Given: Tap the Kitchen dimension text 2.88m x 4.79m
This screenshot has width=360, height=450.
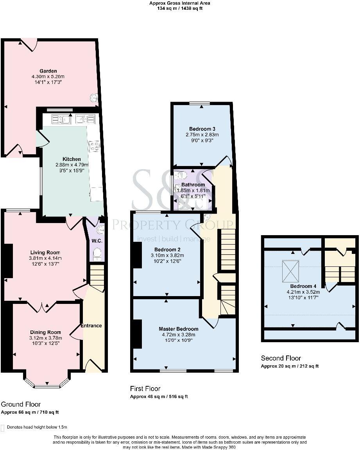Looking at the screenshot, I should [72, 165].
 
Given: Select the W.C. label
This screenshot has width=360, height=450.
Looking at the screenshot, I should [97, 241].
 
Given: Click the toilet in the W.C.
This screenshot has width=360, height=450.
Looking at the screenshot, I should [97, 255].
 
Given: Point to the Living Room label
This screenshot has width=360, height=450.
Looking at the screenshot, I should [44, 252].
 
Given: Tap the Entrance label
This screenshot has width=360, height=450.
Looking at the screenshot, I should [91, 325].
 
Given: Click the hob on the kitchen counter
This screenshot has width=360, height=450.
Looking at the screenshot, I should [94, 146].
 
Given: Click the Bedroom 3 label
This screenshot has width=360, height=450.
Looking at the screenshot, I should [202, 129].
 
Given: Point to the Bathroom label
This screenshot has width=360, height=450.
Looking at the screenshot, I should [193, 185].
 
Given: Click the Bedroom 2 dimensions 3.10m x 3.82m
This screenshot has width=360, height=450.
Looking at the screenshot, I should [168, 255].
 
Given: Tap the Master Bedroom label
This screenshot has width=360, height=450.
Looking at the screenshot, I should [178, 329].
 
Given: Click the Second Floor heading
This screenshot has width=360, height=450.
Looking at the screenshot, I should [281, 358].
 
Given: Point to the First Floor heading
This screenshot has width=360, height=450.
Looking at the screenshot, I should [145, 389].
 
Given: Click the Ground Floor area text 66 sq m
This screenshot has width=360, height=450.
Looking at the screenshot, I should [30, 412].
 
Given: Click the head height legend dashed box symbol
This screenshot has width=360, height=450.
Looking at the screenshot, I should [3, 427].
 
